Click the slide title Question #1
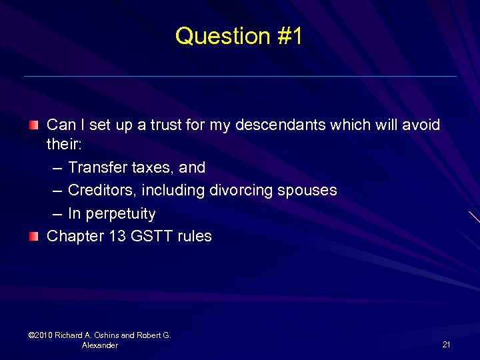pyautogui.click(x=239, y=36)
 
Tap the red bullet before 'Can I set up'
pyautogui.click(x=34, y=125)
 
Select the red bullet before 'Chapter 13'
pyautogui.click(x=34, y=235)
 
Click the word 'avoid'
pyautogui.click(x=421, y=125)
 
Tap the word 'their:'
pyautogui.click(x=63, y=144)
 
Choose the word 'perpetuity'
pyautogui.click(x=121, y=214)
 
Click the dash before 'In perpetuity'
pyautogui.click(x=57, y=214)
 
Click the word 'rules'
pyautogui.click(x=195, y=235)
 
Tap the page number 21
pyautogui.click(x=446, y=345)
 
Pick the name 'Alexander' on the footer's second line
pyautogui.click(x=100, y=345)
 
